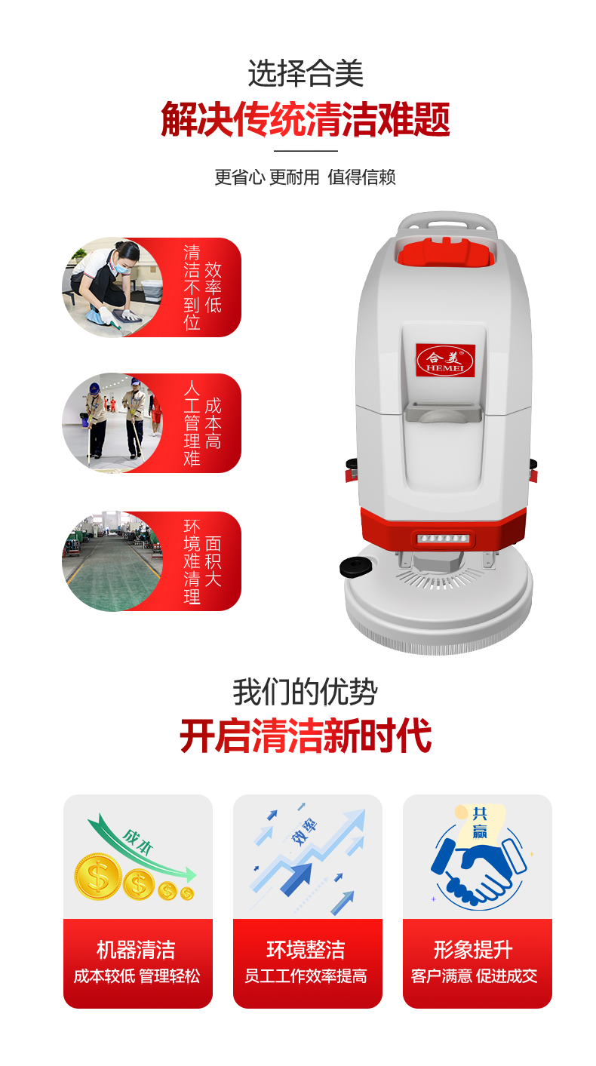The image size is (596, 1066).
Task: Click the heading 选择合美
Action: pos(305,74)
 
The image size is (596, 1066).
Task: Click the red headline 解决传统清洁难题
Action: pos(305,119)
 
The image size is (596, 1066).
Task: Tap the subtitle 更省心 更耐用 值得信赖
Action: pos(305,177)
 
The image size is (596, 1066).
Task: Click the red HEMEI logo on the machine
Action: pos(445,361)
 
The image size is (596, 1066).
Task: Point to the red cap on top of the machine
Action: pos(446,250)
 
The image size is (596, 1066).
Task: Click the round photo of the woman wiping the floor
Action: pos(112,287)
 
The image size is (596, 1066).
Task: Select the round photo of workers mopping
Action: pos(112,423)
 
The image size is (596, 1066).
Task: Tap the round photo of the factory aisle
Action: pos(112,561)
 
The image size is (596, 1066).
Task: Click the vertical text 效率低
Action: pos(213,287)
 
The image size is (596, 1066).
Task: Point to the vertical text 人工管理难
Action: pos(192,423)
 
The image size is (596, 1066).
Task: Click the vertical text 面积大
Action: pos(213,561)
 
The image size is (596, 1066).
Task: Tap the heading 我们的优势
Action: pos(305,693)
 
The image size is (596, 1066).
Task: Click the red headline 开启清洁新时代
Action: pos(305,736)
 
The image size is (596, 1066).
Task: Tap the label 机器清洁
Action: pos(136,950)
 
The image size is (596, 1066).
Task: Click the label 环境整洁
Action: pos(306,950)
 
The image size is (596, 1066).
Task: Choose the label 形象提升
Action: pos(473,950)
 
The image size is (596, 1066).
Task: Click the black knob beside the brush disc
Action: pos(355,567)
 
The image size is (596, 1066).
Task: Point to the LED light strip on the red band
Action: pos(443,538)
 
